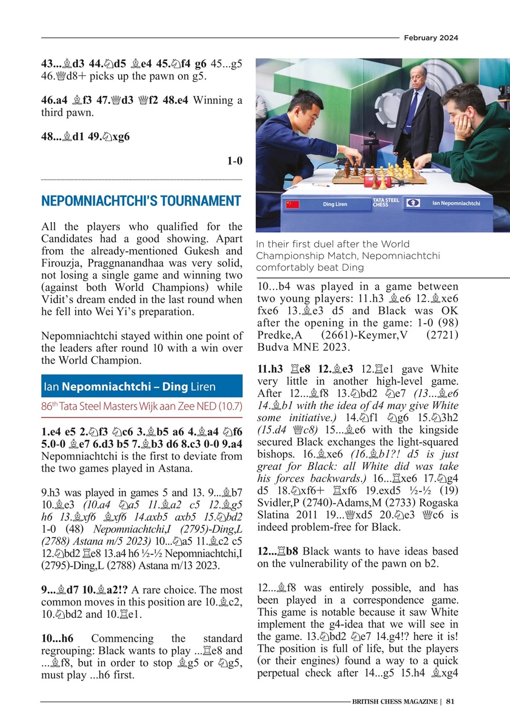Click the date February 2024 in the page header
click(430, 38)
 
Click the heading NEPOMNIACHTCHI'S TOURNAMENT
click(141, 201)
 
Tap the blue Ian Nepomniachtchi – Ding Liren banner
click(142, 387)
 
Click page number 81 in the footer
click(450, 702)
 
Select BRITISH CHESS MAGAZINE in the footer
click(395, 702)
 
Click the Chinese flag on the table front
click(292, 204)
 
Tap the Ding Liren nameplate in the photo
click(335, 204)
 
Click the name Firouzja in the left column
click(62, 264)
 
